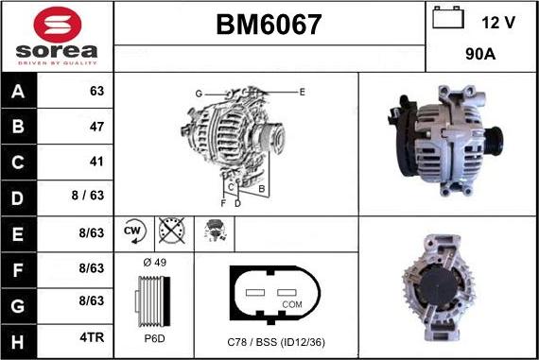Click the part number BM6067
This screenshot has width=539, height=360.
(x=269, y=25)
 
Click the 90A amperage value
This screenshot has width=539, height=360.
(x=481, y=55)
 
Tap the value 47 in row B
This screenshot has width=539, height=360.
(x=96, y=126)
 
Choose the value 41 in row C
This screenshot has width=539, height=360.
(x=96, y=161)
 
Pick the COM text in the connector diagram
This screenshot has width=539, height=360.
(x=292, y=304)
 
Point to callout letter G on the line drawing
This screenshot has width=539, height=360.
(x=200, y=93)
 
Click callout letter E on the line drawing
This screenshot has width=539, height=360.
(x=302, y=91)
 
